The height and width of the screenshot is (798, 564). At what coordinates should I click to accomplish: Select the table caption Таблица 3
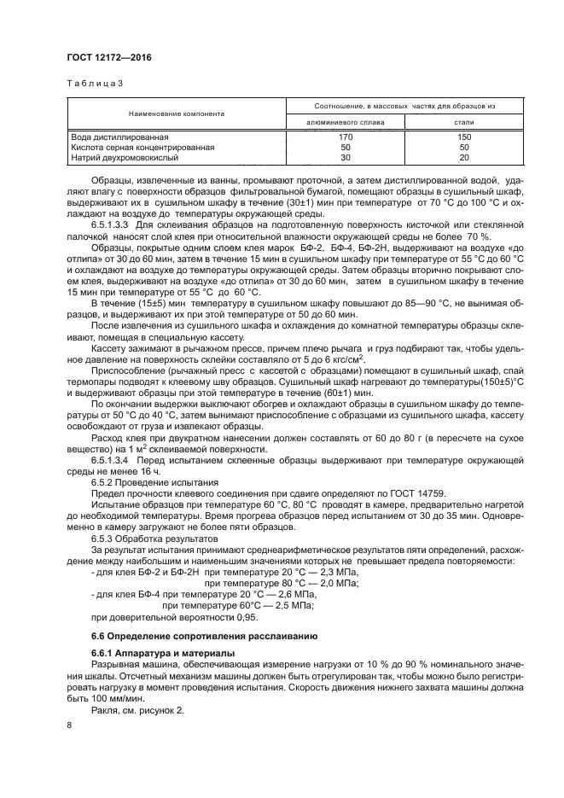94,84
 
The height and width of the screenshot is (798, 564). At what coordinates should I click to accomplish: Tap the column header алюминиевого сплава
345,122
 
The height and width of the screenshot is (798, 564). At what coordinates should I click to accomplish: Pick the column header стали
464,122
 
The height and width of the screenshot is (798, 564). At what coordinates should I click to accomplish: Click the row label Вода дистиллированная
119,137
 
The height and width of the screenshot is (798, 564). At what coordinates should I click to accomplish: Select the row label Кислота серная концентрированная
142,147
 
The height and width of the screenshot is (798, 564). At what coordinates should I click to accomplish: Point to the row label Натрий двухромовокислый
127,157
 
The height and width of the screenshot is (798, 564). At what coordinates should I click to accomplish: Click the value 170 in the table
346,137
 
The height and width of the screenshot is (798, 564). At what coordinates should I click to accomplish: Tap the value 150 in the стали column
464,137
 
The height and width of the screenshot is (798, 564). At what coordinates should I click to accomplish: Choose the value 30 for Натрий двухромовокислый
346,157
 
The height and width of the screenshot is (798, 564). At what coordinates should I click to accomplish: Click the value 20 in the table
464,157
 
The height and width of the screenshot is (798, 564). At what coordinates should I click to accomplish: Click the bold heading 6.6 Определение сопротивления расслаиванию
204,637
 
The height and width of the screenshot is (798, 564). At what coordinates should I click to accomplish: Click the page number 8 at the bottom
69,725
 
